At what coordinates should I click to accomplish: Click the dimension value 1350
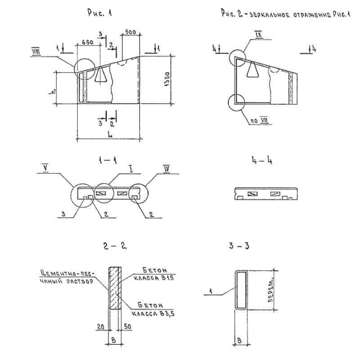click(x=167, y=79)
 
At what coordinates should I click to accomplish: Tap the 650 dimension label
click(x=88, y=42)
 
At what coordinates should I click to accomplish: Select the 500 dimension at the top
click(x=130, y=32)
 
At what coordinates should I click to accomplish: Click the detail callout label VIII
click(x=36, y=51)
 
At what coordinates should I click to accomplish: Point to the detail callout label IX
click(x=258, y=35)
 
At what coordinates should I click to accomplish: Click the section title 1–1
click(x=108, y=161)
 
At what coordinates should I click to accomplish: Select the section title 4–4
click(x=262, y=160)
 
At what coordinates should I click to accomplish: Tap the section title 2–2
click(x=115, y=246)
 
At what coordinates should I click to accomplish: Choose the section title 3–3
click(x=239, y=246)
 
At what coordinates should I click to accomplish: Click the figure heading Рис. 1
click(x=99, y=13)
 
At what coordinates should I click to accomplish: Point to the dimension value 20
click(x=100, y=327)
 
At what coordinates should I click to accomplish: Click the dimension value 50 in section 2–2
click(x=128, y=327)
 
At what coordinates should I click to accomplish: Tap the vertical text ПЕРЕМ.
click(x=271, y=290)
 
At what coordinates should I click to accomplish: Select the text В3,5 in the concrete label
click(x=167, y=314)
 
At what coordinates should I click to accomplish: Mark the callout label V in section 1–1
click(x=45, y=168)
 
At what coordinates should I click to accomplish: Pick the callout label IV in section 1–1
click(x=167, y=169)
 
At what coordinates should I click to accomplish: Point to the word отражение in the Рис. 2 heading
click(x=312, y=15)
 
